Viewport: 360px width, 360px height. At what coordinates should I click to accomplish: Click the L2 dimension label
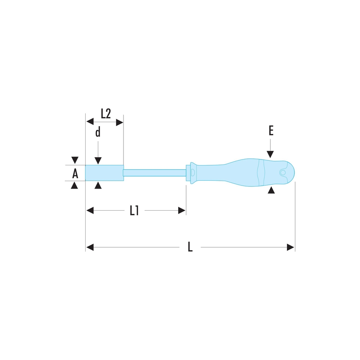click(106, 113)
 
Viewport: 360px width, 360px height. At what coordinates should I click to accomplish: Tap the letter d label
click(98, 132)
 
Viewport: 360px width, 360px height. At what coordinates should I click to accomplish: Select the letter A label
click(75, 174)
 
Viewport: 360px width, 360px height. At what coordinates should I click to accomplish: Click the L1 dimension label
click(134, 210)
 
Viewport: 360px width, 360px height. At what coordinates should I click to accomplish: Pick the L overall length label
click(190, 247)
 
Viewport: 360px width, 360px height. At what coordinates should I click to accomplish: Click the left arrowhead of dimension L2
click(90, 122)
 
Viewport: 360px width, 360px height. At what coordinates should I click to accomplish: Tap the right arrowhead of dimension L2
click(120, 122)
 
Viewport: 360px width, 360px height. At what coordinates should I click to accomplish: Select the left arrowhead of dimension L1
click(90, 210)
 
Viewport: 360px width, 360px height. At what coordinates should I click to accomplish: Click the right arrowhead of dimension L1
click(182, 210)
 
